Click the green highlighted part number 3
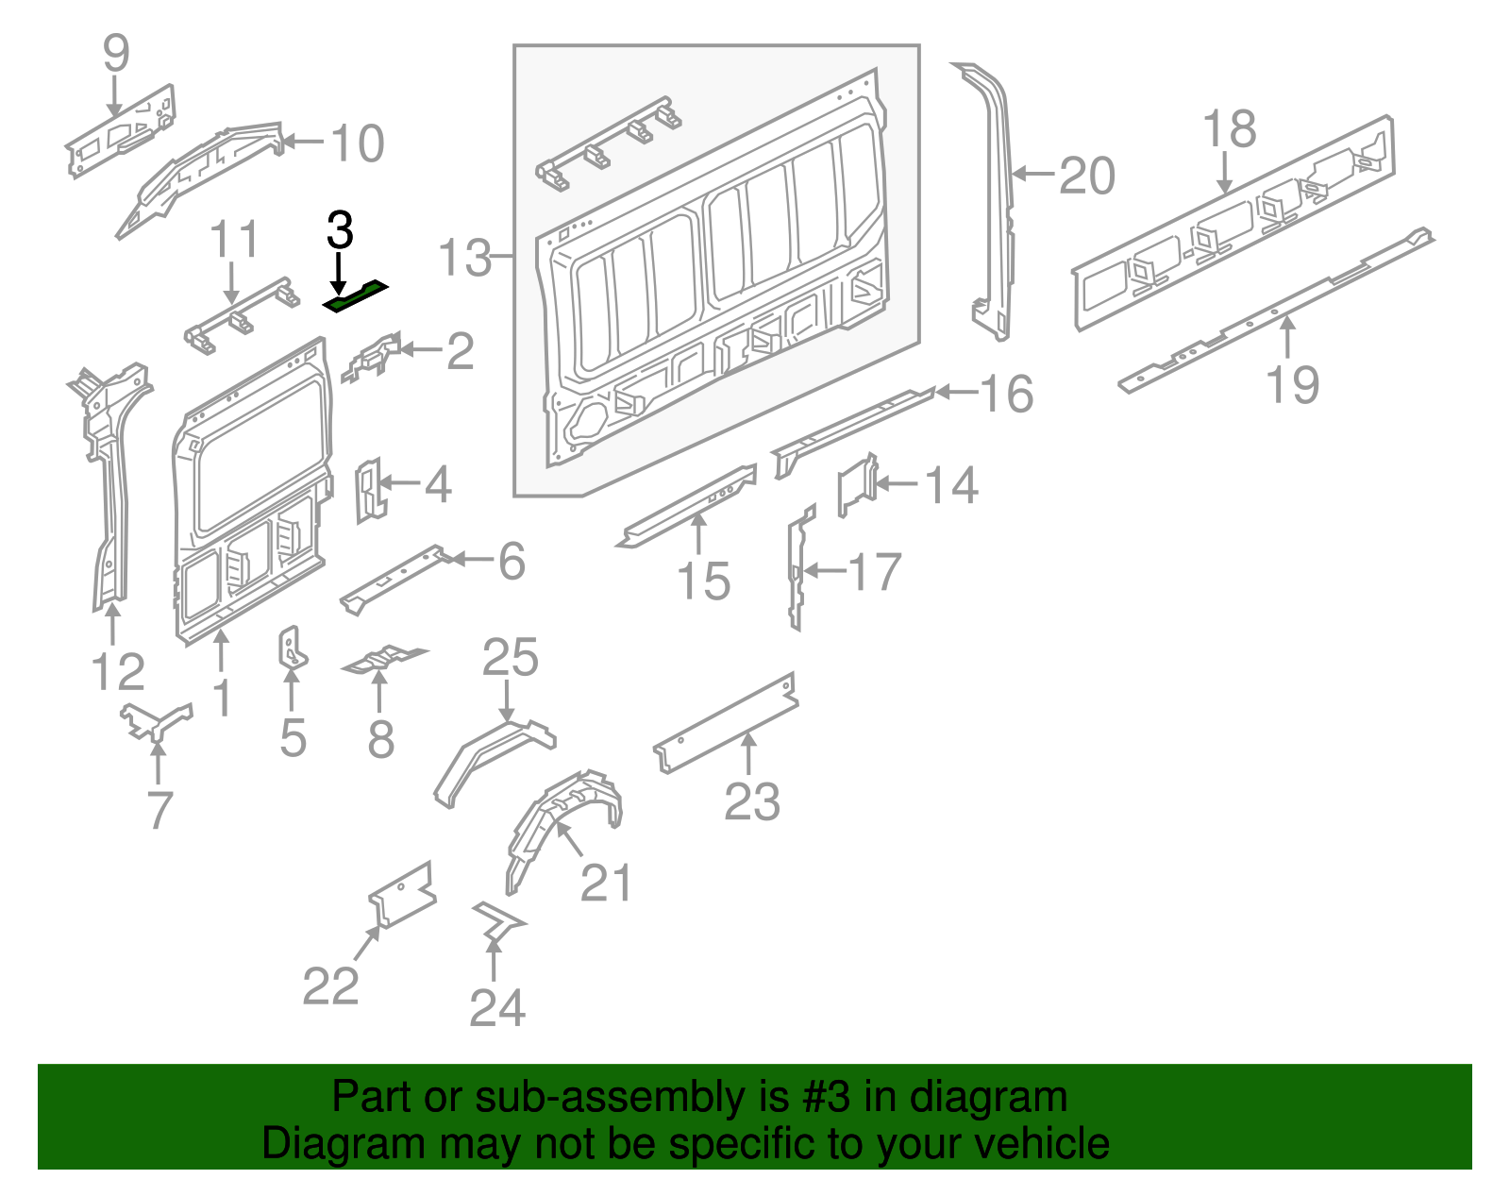(x=355, y=296)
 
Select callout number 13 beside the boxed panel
(x=465, y=258)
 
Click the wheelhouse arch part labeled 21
(x=562, y=821)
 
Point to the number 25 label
(x=510, y=658)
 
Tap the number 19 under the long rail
(x=1292, y=384)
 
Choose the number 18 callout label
(x=1230, y=129)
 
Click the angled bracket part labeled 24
(x=497, y=919)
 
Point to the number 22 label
(x=330, y=986)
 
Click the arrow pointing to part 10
(x=304, y=143)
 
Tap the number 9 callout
(x=115, y=53)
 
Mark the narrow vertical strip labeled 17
(x=797, y=566)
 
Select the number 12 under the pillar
(x=118, y=672)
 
